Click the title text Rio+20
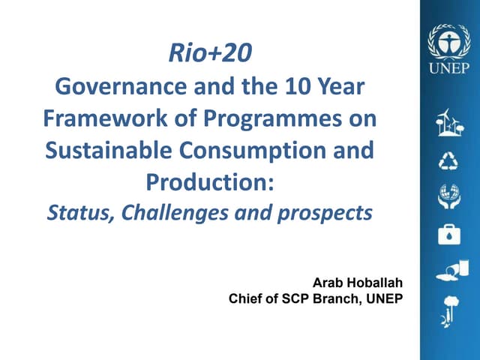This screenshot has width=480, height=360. [x=210, y=53]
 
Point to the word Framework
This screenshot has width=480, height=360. [x=104, y=118]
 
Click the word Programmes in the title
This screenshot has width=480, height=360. [x=280, y=118]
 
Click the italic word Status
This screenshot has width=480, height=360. [x=73, y=213]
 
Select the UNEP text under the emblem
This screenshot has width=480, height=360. [x=448, y=67]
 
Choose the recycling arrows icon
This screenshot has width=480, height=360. [x=449, y=160]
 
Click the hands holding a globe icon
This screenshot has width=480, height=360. [x=449, y=196]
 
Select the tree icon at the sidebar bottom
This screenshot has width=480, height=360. [x=449, y=307]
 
